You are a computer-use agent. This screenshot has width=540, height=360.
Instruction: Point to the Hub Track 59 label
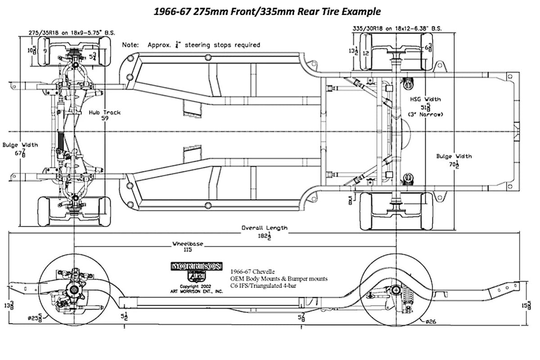coord(104,116)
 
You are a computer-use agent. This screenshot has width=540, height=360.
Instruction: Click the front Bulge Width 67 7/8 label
coord(21,149)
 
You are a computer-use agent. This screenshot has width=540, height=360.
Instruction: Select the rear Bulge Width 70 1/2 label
coord(454,160)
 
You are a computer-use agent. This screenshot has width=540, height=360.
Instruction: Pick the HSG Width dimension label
coord(425,107)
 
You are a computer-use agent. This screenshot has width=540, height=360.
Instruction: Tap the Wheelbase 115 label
coord(188,247)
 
